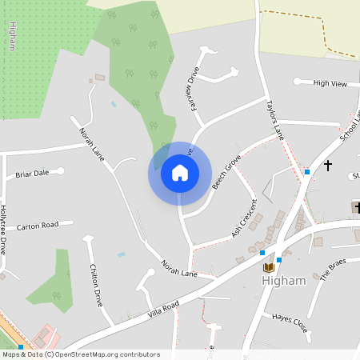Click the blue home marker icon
tap(179, 173)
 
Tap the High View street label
tap(330, 83)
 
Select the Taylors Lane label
tap(274, 118)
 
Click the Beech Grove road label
tap(226, 173)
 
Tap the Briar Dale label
tap(33, 173)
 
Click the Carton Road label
tap(38, 226)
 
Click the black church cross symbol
tap(327, 166)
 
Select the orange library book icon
tap(269, 266)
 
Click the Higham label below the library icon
tap(284, 281)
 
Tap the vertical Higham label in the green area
tap(12, 36)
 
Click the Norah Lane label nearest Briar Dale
tap(93, 137)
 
